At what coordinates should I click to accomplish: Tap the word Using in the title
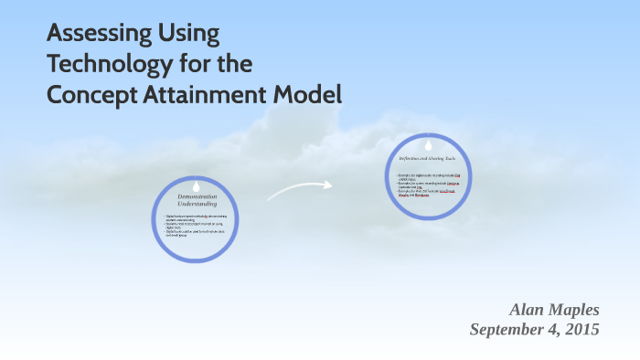(x=189, y=35)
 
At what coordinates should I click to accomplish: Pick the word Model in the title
(x=311, y=93)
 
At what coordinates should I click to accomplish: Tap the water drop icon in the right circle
(x=428, y=144)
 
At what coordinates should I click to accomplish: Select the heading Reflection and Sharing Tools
(x=428, y=158)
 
